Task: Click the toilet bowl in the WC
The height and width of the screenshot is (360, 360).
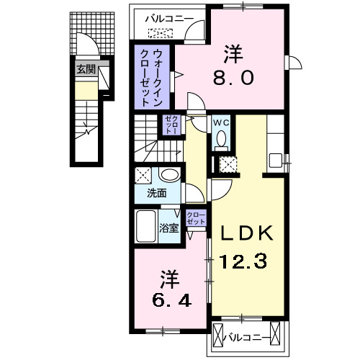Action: (221, 137)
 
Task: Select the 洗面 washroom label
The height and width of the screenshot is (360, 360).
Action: (156, 194)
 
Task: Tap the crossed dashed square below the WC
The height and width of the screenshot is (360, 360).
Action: (228, 163)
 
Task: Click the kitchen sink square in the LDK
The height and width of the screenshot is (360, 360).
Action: (274, 158)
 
